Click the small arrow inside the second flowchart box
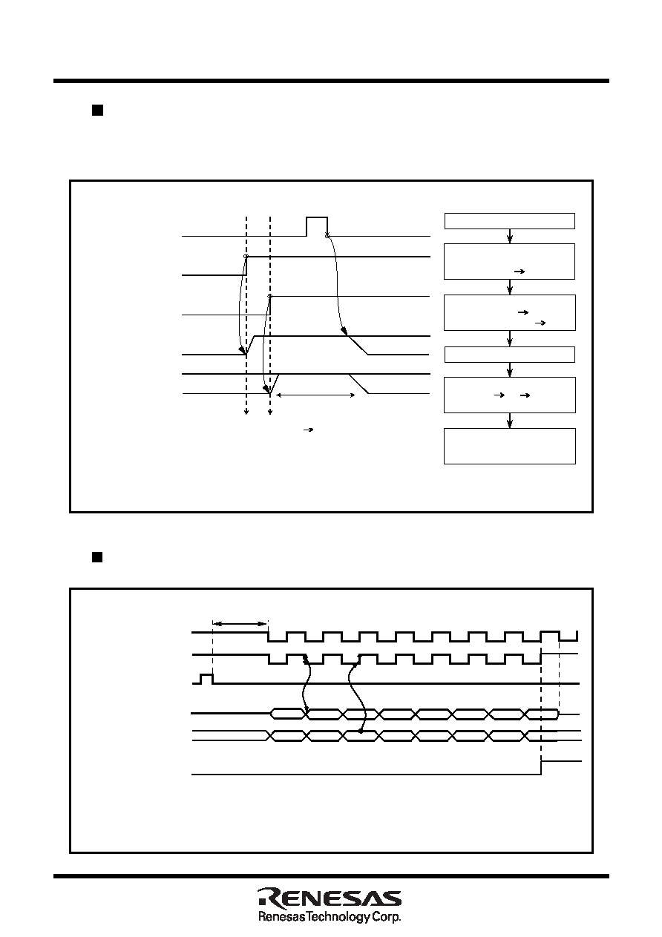pyautogui.click(x=520, y=272)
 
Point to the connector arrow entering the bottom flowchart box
pyautogui.click(x=510, y=421)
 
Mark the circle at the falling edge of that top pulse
pyautogui.click(x=327, y=237)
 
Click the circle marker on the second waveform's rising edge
pyautogui.click(x=246, y=256)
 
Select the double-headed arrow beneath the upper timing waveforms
pyautogui.click(x=315, y=395)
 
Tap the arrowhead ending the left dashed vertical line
pyautogui.click(x=246, y=412)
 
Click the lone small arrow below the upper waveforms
pyautogui.click(x=309, y=430)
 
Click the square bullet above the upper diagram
pyautogui.click(x=97, y=110)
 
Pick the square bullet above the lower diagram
pyautogui.click(x=97, y=556)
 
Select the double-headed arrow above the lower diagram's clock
pyautogui.click(x=240, y=624)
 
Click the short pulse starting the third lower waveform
pyautogui.click(x=206, y=679)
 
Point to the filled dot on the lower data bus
pyautogui.click(x=361, y=731)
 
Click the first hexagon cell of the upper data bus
pyautogui.click(x=288, y=714)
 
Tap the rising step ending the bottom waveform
pyautogui.click(x=542, y=768)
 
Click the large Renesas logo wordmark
pyautogui.click(x=330, y=898)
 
